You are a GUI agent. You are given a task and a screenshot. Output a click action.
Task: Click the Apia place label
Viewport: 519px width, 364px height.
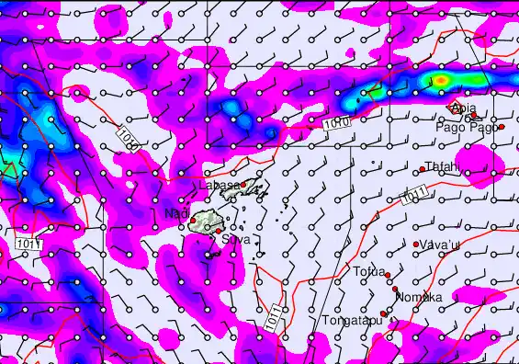point(464,108)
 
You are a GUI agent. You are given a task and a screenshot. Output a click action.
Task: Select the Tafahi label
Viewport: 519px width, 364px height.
point(443,166)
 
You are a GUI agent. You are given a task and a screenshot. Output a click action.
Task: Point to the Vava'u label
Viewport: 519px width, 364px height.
point(440,244)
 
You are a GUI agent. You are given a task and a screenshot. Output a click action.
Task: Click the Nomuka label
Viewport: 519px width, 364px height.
point(419,298)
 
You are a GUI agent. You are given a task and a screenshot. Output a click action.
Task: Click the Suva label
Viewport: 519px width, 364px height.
point(236,239)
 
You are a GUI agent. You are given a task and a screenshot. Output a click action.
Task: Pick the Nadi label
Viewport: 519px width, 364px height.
point(175,214)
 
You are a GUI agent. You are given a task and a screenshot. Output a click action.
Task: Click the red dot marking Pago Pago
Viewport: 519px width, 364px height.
point(502,126)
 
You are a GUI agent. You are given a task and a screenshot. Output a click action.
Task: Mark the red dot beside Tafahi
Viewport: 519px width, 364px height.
point(422,169)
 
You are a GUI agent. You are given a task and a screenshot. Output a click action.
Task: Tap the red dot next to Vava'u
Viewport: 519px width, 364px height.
point(416,244)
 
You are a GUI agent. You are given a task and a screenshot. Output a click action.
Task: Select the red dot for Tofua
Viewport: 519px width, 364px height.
point(388,276)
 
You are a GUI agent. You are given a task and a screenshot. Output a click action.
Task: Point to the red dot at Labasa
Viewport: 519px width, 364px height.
point(244,184)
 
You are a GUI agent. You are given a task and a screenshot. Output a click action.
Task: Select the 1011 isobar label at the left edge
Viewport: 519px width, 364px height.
point(27,243)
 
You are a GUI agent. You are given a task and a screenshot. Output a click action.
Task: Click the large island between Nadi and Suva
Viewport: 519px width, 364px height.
point(204,222)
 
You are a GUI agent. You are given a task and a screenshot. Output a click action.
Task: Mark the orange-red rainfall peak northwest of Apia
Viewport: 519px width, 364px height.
point(441,82)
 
